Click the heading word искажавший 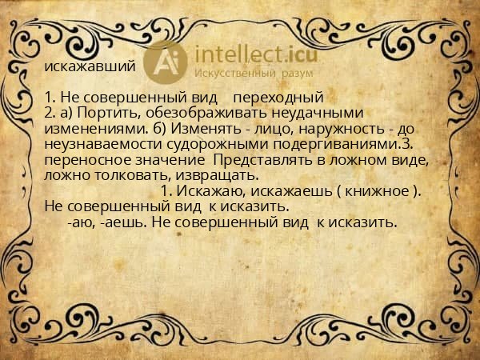tap(84, 65)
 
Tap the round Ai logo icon tap(168, 59)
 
